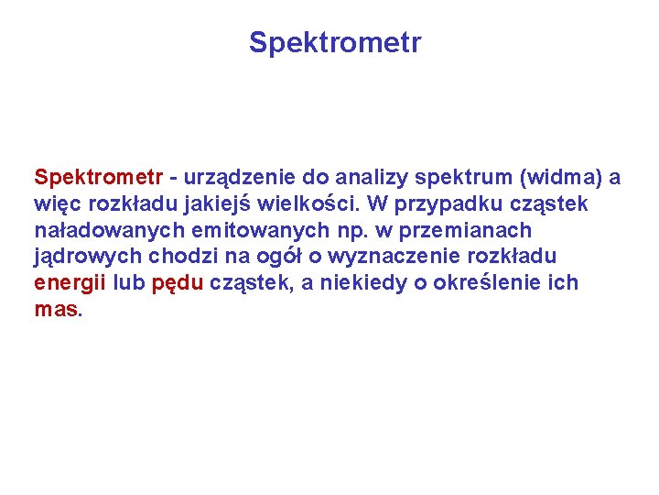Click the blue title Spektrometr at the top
pos(335,43)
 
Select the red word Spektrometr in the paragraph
pos(99,177)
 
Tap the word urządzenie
pos(232,177)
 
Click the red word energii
pos(70,283)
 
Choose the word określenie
pos(486,283)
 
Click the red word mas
pos(58,310)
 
